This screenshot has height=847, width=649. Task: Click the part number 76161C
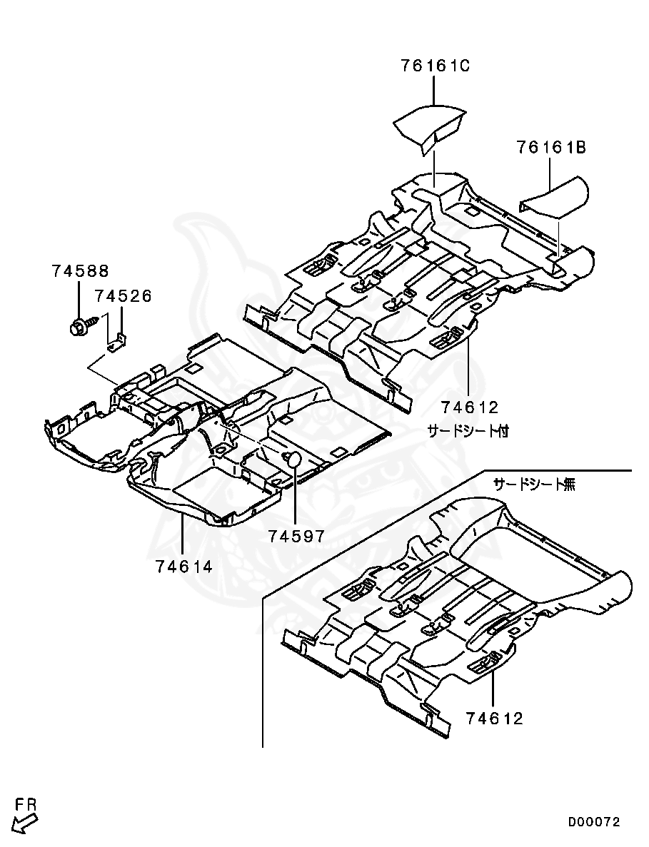click(436, 66)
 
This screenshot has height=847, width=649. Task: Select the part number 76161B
click(551, 147)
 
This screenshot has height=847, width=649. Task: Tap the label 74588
click(81, 270)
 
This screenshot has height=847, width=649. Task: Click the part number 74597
click(297, 536)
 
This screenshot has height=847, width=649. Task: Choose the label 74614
click(183, 567)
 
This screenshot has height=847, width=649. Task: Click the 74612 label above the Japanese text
click(470, 407)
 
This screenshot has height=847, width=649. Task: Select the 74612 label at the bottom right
click(495, 719)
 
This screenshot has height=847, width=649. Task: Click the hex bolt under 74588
click(78, 327)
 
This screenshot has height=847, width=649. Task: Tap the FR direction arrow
click(24, 824)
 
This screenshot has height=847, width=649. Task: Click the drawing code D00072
click(593, 822)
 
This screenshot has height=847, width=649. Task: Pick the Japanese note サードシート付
click(468, 431)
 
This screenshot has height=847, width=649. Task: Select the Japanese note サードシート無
click(535, 484)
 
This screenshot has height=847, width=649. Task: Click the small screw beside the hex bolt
click(94, 321)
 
